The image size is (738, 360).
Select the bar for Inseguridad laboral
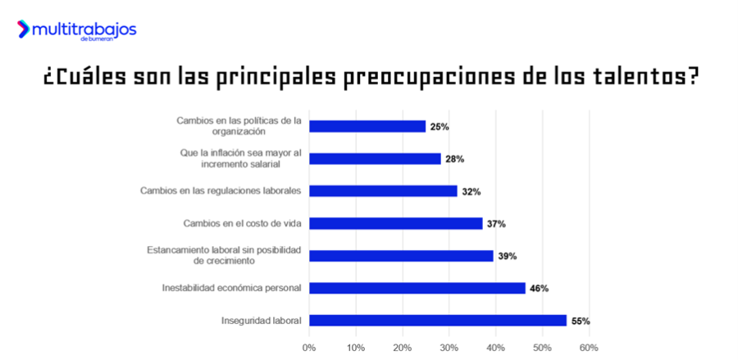click(437, 321)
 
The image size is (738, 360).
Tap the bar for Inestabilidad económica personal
click(417, 288)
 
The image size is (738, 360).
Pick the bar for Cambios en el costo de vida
click(395, 223)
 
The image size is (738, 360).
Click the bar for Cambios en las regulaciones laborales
click(383, 191)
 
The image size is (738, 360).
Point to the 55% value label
click(581, 321)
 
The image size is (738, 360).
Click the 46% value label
click(539, 288)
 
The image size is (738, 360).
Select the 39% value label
click(507, 256)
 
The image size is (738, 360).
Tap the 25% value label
click(440, 126)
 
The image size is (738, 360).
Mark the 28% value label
click(454, 159)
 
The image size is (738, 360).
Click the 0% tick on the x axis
click(309, 347)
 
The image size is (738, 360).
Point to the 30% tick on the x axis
click(449, 347)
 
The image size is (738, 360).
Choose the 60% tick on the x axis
click(588, 347)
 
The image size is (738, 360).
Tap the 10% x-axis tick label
click(356, 347)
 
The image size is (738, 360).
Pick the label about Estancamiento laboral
click(224, 255)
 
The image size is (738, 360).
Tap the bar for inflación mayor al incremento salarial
click(375, 159)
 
